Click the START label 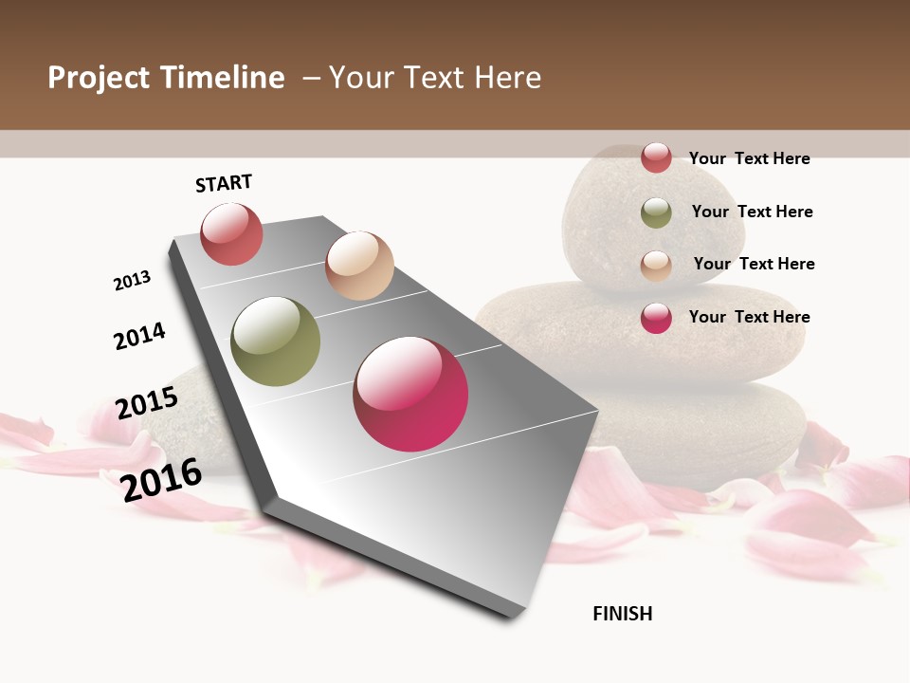pos(224,183)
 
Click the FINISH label pos(622,614)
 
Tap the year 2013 pos(132,281)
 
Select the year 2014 pos(139,336)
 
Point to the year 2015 pos(147,403)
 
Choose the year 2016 pos(161,479)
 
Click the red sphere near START pos(231,234)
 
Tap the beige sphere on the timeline pos(359,266)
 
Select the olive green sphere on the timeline pos(276,341)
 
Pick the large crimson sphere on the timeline pos(410,394)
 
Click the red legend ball pos(656,157)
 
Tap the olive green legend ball pos(656,212)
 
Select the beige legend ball pos(656,266)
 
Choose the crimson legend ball pos(656,318)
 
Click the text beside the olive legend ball pos(752,212)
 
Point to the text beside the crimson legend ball pos(749,317)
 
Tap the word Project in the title pos(100,78)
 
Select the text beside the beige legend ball pos(754,264)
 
